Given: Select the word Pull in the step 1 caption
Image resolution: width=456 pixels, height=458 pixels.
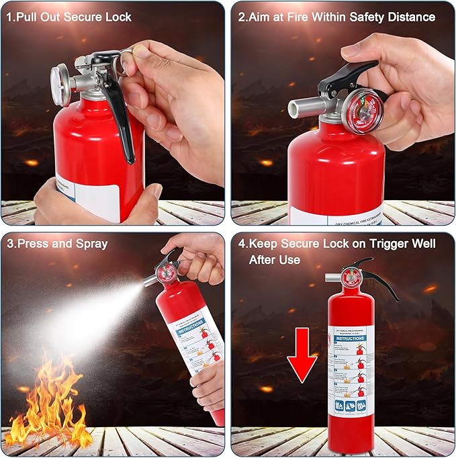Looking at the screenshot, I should coord(28,16).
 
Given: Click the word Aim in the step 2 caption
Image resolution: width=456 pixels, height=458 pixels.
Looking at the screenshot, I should coord(260,16).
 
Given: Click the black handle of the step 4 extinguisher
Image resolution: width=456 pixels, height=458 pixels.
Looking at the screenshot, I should coord(376,275).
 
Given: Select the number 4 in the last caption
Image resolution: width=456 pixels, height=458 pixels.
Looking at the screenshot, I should coord(242,243).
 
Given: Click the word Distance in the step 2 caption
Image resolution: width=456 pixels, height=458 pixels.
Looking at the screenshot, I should coord(411,16).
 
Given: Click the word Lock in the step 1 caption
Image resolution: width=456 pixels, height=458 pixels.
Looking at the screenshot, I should coord(118,16).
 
